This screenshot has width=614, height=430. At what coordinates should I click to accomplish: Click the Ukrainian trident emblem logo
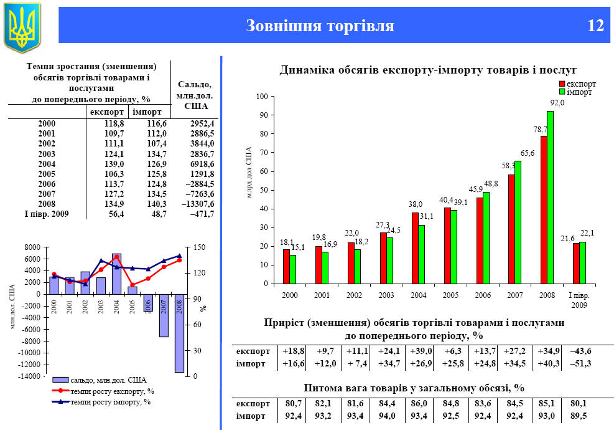(x=22, y=26)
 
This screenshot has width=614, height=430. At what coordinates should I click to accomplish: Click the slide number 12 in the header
(x=595, y=26)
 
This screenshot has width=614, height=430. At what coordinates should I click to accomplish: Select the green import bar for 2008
(x=550, y=197)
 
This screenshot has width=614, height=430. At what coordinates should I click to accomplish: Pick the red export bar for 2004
(x=415, y=248)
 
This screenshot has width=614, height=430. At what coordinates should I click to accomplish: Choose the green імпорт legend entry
(x=576, y=92)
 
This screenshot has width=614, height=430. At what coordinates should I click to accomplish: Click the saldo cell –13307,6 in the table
(x=194, y=203)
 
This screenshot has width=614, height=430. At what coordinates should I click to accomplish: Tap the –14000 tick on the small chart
(x=29, y=376)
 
